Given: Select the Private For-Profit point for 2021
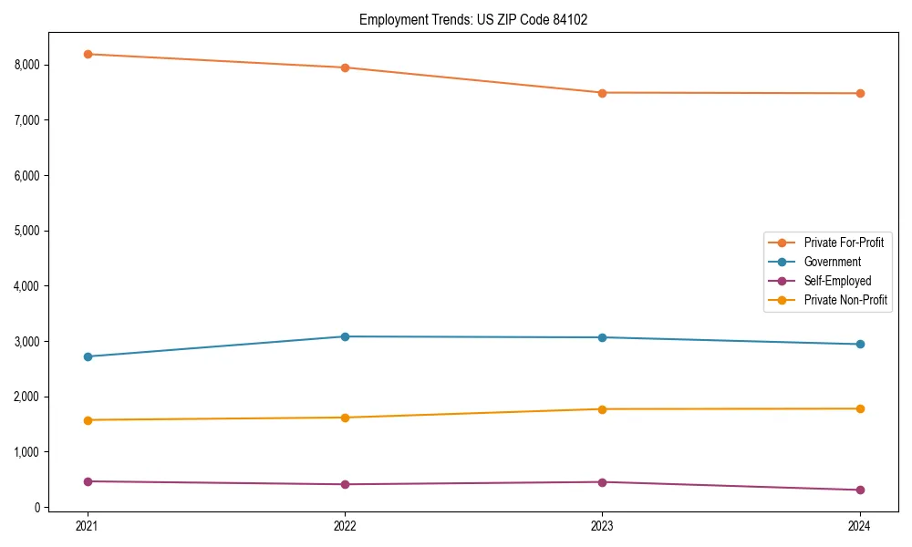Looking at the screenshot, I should [88, 54].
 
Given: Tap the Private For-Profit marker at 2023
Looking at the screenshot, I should [602, 93].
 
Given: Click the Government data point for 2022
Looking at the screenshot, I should [345, 336].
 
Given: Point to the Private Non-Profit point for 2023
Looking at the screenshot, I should [602, 409].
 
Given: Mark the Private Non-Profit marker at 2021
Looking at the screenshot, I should [88, 420].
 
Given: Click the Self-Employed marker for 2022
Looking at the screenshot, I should [345, 484].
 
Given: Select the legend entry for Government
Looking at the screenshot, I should [832, 262].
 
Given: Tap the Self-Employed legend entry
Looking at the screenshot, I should [837, 281].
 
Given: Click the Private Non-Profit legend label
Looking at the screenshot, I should [845, 300].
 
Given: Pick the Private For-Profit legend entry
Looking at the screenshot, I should [844, 243].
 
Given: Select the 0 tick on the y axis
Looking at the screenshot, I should [36, 508].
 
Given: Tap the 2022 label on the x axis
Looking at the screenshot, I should [345, 526].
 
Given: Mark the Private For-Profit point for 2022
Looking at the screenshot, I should [345, 67].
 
